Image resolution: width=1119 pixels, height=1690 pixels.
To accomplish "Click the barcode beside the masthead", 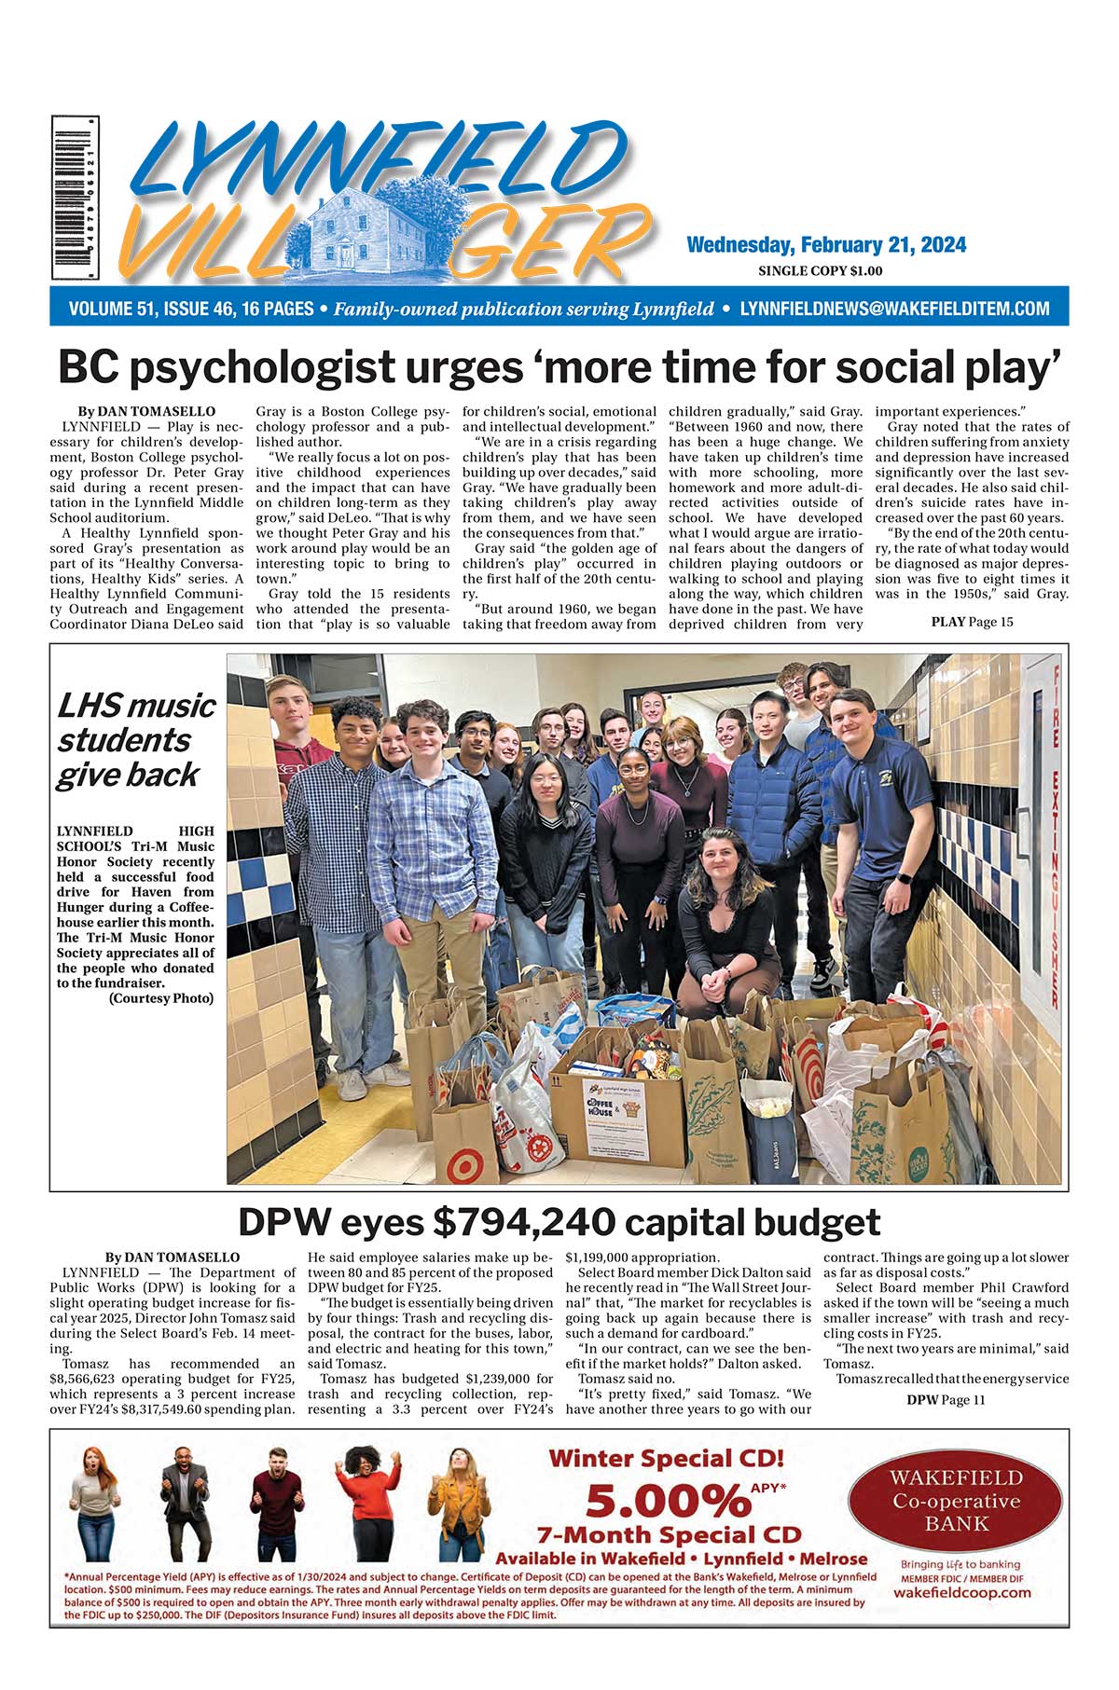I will (75, 198).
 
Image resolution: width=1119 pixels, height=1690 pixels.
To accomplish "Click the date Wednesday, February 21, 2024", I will (825, 245).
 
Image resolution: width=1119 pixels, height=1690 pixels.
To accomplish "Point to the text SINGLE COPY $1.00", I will (821, 271).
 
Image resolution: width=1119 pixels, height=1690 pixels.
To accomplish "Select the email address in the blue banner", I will (894, 309).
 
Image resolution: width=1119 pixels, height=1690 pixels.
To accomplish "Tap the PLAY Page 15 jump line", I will (972, 622).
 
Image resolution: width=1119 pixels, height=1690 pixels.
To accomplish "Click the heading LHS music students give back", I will (136, 740).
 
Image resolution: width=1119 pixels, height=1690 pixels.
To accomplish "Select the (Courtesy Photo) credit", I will (161, 998).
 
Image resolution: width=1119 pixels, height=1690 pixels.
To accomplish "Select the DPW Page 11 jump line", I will (945, 1399).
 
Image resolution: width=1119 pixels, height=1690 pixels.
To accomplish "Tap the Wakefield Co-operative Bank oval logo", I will (957, 1501).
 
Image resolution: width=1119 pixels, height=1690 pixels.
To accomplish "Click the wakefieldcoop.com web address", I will (961, 1592).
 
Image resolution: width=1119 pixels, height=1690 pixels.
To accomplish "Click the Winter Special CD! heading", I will (666, 1459).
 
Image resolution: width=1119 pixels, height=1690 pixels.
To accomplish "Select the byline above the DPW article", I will (173, 1257).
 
